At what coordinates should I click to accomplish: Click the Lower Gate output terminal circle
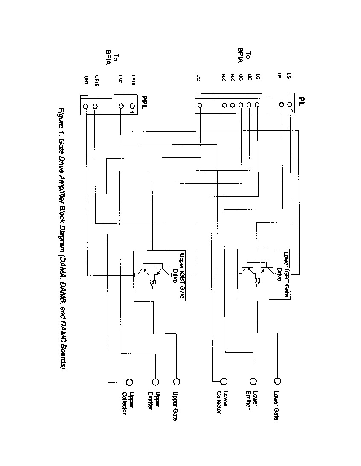click(278, 381)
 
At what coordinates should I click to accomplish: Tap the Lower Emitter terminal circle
click(253, 381)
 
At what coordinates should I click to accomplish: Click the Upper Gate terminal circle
click(176, 381)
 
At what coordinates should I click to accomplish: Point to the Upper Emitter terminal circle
click(156, 381)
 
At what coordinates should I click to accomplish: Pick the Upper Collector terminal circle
click(130, 381)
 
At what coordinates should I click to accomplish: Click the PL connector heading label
click(302, 101)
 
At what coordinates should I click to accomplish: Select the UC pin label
click(199, 77)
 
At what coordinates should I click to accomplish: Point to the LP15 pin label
click(133, 80)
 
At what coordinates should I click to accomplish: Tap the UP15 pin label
click(97, 80)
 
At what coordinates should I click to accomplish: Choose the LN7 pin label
click(121, 79)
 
